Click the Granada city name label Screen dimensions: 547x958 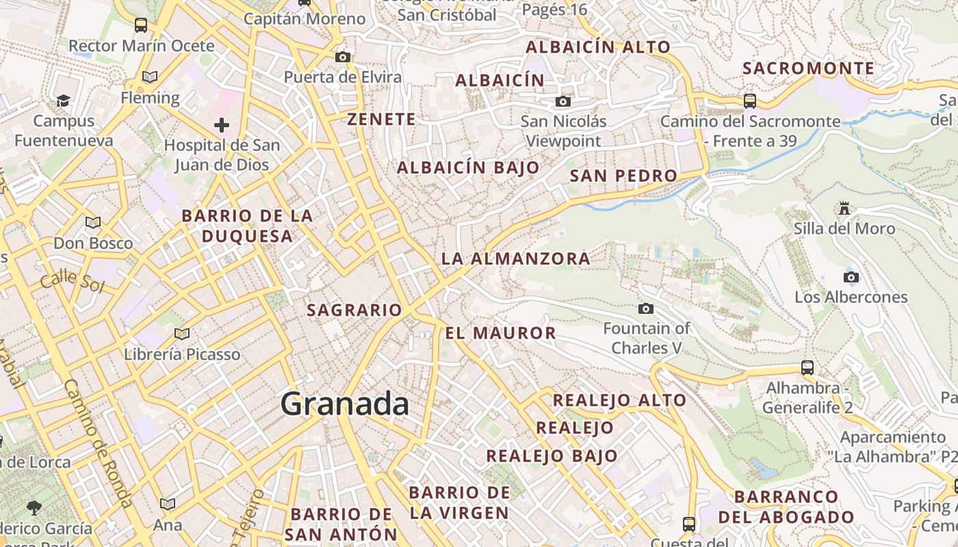[345, 404]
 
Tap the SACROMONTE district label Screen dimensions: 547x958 [808, 68]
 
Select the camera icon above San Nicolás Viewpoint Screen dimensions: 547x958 [562, 102]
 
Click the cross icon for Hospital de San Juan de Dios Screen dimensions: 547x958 [221, 125]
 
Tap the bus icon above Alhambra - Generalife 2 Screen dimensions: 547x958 [807, 367]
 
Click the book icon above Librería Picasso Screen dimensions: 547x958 [181, 334]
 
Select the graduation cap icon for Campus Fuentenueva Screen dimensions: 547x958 [64, 101]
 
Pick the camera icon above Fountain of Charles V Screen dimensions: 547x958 [645, 309]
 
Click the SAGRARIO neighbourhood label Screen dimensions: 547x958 [354, 310]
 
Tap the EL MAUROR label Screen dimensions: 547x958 [500, 333]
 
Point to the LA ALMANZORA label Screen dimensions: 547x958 [515, 258]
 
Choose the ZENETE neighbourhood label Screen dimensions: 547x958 [381, 119]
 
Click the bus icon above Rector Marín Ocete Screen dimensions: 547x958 [141, 25]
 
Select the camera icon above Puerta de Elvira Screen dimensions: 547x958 [342, 57]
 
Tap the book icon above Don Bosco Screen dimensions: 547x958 [92, 222]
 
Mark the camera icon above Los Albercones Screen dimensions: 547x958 [851, 277]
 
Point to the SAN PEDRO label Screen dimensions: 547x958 [623, 176]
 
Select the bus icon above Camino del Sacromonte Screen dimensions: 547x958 [750, 101]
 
